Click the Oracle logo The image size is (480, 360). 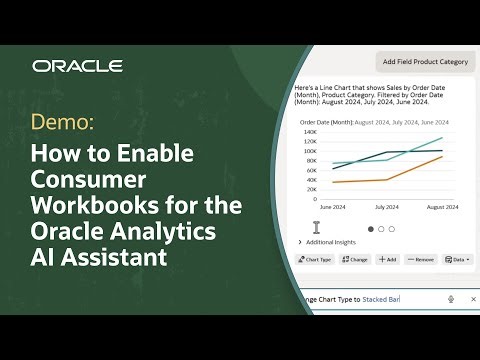[x=77, y=66]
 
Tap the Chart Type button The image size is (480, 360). [x=316, y=259]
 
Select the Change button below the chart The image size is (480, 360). [x=355, y=259]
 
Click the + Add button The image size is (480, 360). [x=387, y=259]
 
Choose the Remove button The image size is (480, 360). [x=421, y=259]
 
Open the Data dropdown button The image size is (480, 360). [x=457, y=259]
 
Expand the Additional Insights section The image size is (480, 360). [x=330, y=242]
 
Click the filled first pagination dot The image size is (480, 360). [x=369, y=229]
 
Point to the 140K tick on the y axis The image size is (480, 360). [x=310, y=132]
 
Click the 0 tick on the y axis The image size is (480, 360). [x=314, y=199]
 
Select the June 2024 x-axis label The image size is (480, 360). [x=333, y=208]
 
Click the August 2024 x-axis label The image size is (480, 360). [x=441, y=208]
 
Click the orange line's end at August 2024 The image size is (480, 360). [x=442, y=156]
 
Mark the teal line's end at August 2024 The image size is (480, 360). [x=442, y=138]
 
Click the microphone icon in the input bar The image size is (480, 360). [x=451, y=299]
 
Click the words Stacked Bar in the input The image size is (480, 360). [x=381, y=299]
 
